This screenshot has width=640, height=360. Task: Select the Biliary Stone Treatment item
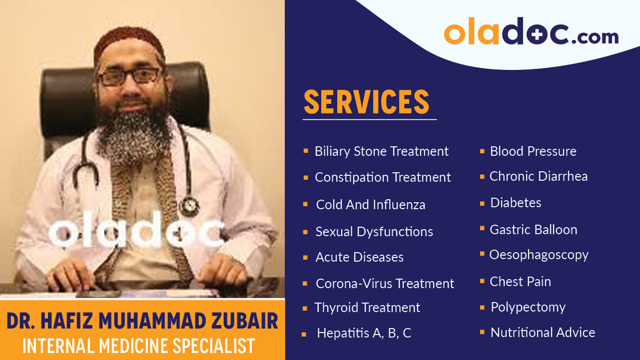tap(381, 151)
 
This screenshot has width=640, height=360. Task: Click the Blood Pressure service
tap(533, 151)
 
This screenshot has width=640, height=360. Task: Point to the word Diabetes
tap(516, 203)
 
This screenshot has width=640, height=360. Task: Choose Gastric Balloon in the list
tap(533, 230)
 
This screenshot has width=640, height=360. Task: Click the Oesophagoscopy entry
tap(539, 255)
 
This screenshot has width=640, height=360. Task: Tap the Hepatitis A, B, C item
tap(364, 334)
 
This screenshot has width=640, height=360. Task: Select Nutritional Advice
tap(543, 333)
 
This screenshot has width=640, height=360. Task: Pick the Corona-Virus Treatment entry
tap(385, 284)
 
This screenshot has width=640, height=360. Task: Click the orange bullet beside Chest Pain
tap(482, 282)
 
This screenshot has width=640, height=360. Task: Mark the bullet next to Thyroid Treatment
tap(305, 309)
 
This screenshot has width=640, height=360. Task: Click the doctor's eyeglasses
tap(129, 76)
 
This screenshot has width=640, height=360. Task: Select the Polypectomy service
tap(528, 307)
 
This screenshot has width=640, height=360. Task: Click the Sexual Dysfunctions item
tap(374, 232)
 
